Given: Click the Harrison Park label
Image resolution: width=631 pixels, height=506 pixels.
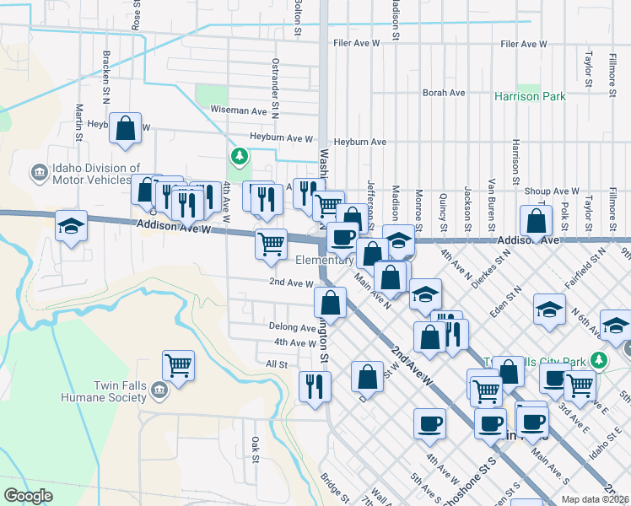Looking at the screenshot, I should click(x=530, y=97).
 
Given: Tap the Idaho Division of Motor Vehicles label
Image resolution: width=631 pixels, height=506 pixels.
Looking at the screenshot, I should click(x=96, y=173).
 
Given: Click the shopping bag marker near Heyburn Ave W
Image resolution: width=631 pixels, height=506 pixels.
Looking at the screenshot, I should click(x=125, y=130).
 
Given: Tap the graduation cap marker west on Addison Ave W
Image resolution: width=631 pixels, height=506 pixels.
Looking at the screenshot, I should click(x=72, y=225).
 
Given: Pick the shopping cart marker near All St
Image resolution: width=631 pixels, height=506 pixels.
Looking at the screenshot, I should click(x=178, y=365).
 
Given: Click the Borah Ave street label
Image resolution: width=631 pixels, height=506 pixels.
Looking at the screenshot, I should click(x=444, y=93).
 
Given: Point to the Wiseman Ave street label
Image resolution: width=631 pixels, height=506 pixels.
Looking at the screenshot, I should click(x=239, y=110).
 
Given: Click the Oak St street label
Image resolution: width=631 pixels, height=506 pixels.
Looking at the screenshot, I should click(x=254, y=449).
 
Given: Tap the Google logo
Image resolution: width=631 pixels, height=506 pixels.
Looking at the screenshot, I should click(x=29, y=496).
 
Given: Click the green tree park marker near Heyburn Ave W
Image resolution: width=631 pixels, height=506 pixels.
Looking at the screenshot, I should click(x=240, y=156).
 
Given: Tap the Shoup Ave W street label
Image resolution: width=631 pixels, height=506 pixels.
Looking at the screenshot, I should click(x=552, y=191).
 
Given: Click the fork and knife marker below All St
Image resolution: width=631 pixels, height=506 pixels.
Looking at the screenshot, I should click(x=315, y=386).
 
